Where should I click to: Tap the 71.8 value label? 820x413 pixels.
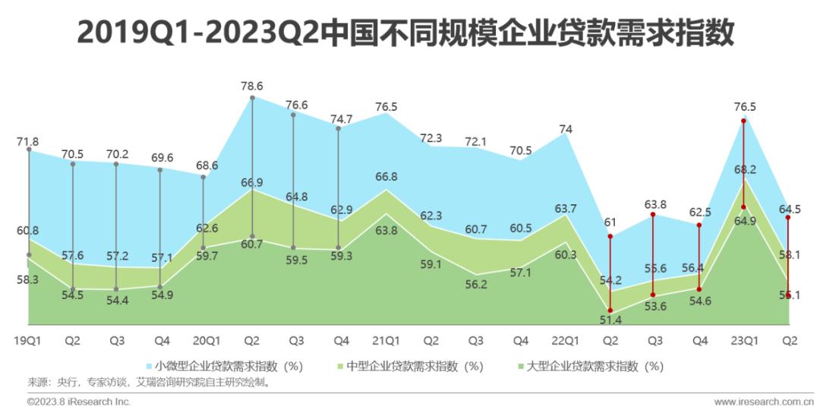pyautogui.click(x=27, y=141)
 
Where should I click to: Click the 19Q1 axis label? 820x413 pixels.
pyautogui.click(x=27, y=340)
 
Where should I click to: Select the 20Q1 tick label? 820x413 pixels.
pyautogui.click(x=206, y=340)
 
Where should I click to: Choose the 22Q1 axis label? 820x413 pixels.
pyautogui.click(x=563, y=340)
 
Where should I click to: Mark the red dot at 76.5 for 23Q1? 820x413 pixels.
pyautogui.click(x=743, y=121)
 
